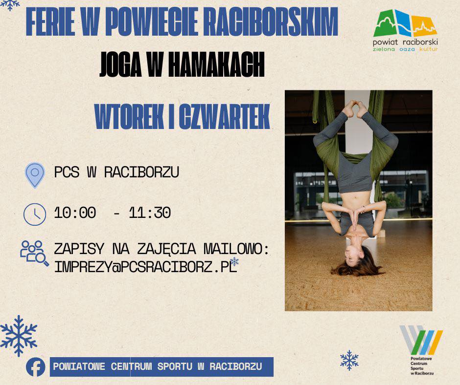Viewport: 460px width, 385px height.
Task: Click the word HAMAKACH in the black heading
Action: [216, 65]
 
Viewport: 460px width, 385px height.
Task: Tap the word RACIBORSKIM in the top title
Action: [271, 22]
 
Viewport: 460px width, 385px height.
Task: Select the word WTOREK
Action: [129, 117]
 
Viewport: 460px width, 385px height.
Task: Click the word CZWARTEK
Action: [225, 117]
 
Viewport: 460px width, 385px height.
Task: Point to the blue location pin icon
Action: [35, 175]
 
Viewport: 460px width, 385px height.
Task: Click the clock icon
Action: [35, 214]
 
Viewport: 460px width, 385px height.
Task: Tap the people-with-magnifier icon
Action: [34, 253]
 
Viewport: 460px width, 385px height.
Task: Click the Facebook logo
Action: [36, 367]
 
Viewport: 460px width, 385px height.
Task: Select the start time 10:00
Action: [75, 213]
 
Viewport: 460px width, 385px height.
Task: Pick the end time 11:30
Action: [150, 213]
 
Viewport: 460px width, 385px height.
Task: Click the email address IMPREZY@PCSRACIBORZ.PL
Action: [145, 267]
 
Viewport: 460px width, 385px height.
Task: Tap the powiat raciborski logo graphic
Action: [405, 23]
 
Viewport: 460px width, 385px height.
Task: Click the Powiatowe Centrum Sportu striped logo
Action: [421, 340]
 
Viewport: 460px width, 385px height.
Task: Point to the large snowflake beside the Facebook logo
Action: [19, 336]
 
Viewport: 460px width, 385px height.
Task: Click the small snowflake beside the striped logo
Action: [349, 360]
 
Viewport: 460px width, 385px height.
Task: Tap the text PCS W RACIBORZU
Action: [116, 172]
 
